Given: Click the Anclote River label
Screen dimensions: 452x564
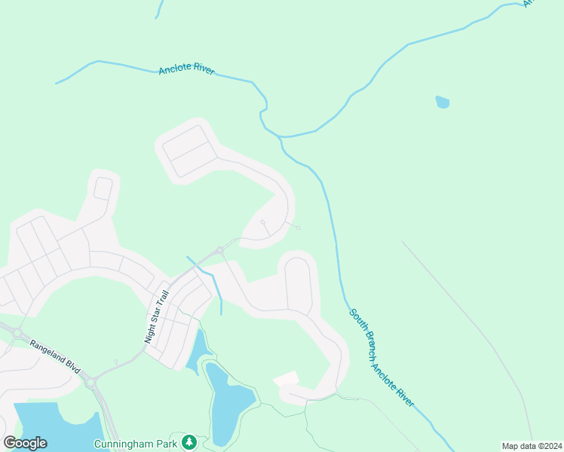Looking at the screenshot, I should [186, 70].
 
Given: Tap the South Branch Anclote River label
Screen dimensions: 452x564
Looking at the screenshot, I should [381, 358].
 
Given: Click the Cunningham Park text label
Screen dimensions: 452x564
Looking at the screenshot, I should [135, 444].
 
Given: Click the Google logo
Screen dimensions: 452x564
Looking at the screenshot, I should [25, 443].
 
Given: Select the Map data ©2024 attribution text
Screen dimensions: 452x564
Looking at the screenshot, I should [531, 446].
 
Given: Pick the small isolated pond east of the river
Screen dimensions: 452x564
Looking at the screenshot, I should [443, 102].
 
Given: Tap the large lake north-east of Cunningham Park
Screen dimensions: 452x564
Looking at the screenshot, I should [226, 403].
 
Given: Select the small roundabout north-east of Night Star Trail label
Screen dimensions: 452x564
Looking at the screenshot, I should [219, 250].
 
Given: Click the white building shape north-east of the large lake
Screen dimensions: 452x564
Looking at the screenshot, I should [286, 378].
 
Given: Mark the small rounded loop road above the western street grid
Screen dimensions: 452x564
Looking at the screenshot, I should [103, 188].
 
